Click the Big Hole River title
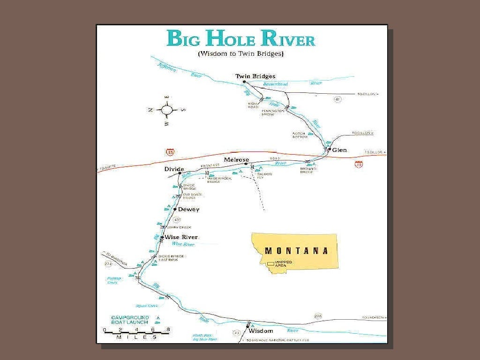(241, 38)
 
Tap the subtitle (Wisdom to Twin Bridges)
(241, 54)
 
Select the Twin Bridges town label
(255, 76)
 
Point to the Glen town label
(339, 150)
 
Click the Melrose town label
(236, 160)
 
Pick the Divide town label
(174, 169)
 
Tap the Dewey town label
(188, 210)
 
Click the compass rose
(167, 110)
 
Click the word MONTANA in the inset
(296, 251)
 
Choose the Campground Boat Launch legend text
(130, 320)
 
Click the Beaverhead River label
(275, 84)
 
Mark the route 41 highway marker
(337, 99)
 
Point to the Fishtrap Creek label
(114, 280)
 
